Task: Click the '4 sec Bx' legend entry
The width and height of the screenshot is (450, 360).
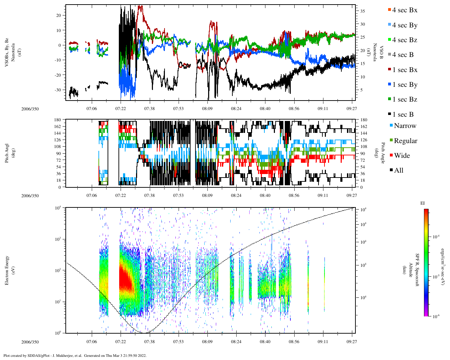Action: pos(405,10)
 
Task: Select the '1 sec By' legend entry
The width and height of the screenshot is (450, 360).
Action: pos(405,85)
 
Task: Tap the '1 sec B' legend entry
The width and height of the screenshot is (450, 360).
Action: pos(403,115)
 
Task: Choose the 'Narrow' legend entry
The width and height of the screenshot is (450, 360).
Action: pos(405,126)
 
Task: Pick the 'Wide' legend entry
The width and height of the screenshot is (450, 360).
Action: pos(401,156)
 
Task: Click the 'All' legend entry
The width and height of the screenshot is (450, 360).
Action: pos(398,171)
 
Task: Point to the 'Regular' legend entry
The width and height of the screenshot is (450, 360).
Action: pos(405,141)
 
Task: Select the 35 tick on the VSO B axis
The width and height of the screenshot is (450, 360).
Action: pos(362,11)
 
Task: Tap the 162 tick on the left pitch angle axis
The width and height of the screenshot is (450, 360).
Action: pos(57,127)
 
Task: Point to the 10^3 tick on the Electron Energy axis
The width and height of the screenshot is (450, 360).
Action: pos(58,239)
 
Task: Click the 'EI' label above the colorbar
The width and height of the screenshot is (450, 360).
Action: pos(423,203)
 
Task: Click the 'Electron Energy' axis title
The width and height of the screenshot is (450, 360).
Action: pos(7,270)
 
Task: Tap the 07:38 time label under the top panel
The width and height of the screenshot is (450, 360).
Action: pos(149,109)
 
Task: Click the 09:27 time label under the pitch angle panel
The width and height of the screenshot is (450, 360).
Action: pos(352,196)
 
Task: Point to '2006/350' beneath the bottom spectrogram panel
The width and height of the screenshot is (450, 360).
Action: pos(30,342)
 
